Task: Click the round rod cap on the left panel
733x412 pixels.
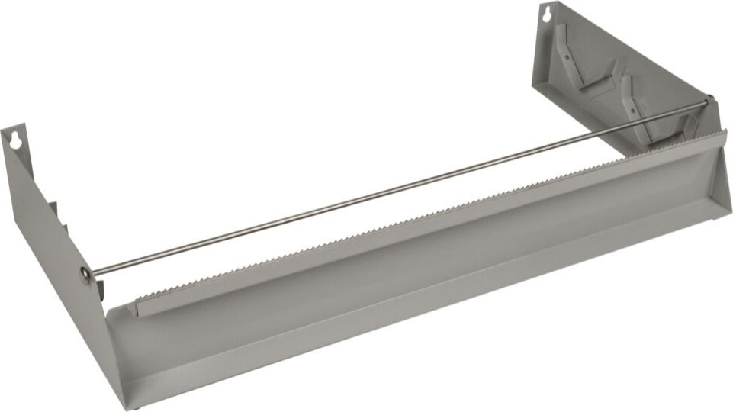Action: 85,273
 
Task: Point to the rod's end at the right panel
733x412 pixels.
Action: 709,99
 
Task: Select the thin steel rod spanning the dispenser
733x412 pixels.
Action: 397,186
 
